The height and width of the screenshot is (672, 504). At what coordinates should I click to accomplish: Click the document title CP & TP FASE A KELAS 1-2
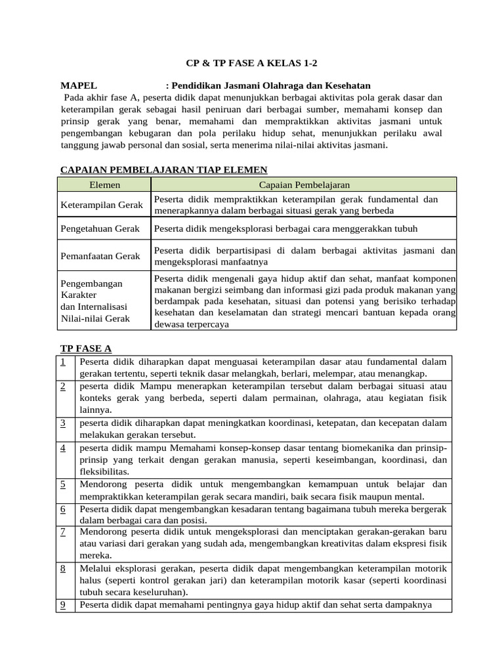pyautogui.click(x=252, y=64)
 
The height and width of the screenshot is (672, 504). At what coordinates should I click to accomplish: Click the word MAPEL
pyautogui.click(x=79, y=86)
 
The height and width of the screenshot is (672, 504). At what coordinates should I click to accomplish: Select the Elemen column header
pyautogui.click(x=105, y=185)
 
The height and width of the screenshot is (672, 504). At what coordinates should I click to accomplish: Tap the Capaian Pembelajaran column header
pyautogui.click(x=304, y=185)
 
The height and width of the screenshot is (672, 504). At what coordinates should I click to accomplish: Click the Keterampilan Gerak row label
pyautogui.click(x=102, y=205)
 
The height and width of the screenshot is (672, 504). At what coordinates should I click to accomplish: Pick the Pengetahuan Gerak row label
pyautogui.click(x=100, y=229)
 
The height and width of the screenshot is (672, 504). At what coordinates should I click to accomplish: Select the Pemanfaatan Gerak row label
pyautogui.click(x=100, y=256)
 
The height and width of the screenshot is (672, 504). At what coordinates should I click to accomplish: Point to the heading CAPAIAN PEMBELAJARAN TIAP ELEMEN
pyautogui.click(x=163, y=170)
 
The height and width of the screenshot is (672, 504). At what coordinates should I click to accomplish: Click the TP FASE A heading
pyautogui.click(x=86, y=348)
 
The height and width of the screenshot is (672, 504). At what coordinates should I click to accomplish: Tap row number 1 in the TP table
pyautogui.click(x=62, y=362)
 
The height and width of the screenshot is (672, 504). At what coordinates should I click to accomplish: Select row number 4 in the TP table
pyautogui.click(x=62, y=448)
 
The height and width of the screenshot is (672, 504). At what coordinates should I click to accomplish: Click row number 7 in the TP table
pyautogui.click(x=62, y=532)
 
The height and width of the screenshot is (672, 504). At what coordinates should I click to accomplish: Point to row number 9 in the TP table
pyautogui.click(x=62, y=605)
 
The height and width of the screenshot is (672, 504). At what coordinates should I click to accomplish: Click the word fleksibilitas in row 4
pyautogui.click(x=104, y=472)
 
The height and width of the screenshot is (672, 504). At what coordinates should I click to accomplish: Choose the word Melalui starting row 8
pyautogui.click(x=95, y=568)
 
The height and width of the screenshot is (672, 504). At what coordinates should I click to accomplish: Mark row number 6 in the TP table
pyautogui.click(x=62, y=509)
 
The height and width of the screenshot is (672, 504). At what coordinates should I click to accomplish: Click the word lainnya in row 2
pyautogui.click(x=95, y=410)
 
